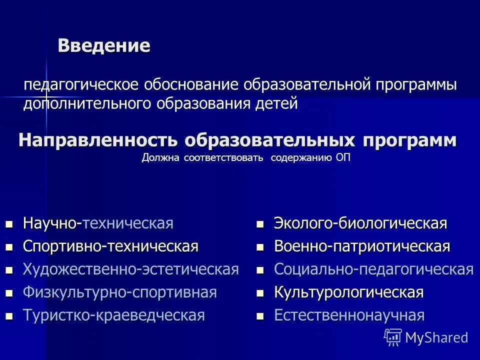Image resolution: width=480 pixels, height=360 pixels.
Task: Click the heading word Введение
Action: (x=104, y=45)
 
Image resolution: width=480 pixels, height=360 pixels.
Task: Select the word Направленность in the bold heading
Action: (x=99, y=140)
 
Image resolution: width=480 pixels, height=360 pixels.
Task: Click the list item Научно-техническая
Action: (x=98, y=223)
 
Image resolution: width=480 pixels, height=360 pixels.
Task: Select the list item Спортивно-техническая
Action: (x=111, y=246)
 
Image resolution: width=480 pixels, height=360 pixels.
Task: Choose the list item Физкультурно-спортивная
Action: (x=120, y=292)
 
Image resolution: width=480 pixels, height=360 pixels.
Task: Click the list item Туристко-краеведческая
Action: (x=114, y=315)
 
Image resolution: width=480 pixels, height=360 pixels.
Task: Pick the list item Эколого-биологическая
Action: (x=360, y=223)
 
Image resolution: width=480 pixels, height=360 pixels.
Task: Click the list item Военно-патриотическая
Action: (x=362, y=246)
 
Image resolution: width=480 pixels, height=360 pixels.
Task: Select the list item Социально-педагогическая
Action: (x=373, y=269)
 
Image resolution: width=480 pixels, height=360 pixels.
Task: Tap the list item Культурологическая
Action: (x=348, y=292)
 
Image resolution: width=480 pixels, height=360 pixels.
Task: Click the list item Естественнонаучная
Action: (x=349, y=315)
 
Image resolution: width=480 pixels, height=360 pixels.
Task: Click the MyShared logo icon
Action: (x=393, y=337)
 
